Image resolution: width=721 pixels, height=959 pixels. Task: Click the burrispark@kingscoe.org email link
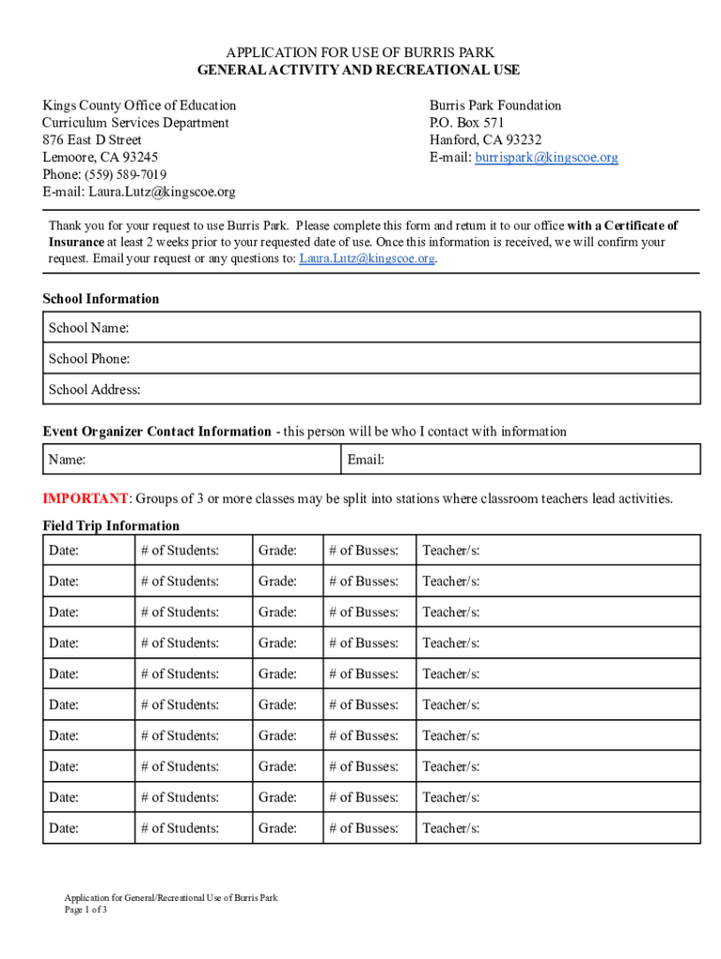point(546,157)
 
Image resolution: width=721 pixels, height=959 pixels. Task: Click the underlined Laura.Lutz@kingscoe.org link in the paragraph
point(367,258)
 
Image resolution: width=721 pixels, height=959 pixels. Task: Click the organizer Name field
point(192,460)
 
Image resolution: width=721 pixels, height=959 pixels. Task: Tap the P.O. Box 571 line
point(467,123)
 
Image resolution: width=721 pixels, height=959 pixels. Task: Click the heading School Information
point(101,299)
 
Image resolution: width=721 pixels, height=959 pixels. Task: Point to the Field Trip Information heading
point(110,525)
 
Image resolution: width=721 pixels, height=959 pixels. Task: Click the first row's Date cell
point(89,550)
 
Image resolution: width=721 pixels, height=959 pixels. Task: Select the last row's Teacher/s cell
point(557,828)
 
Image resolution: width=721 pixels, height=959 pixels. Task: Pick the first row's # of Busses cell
point(369,550)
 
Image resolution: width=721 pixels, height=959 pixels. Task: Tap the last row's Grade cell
point(287,828)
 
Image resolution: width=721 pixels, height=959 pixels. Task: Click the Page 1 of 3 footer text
point(86,909)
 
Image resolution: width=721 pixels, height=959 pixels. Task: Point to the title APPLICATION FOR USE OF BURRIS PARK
point(360,52)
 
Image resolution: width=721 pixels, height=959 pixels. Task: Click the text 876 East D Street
point(92,140)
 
